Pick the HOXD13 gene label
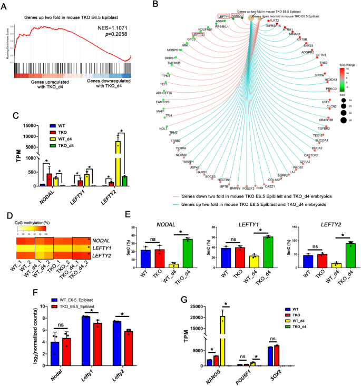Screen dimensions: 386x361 coord(330,80)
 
